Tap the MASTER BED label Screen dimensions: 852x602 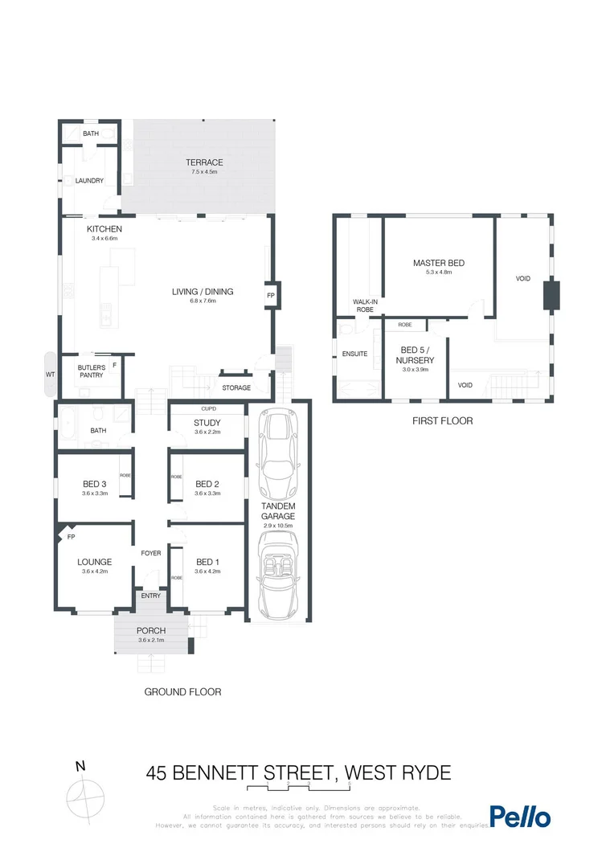(438, 263)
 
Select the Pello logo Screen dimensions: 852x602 (520, 817)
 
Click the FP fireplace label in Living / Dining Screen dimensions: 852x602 (271, 295)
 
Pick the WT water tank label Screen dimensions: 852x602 (50, 375)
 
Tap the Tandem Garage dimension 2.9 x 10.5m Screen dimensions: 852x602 (279, 526)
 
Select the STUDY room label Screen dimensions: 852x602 (207, 423)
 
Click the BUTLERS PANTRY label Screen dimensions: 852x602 (91, 372)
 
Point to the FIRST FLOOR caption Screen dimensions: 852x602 (442, 420)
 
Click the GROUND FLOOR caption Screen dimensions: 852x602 (182, 691)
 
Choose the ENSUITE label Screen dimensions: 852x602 (354, 353)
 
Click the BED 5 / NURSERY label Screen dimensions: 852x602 (416, 356)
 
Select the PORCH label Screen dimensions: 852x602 (150, 630)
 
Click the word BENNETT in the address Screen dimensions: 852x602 (240, 773)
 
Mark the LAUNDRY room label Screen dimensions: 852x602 (89, 181)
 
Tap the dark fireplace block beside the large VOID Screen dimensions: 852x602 (551, 294)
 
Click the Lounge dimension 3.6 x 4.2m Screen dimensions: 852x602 (94, 571)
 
